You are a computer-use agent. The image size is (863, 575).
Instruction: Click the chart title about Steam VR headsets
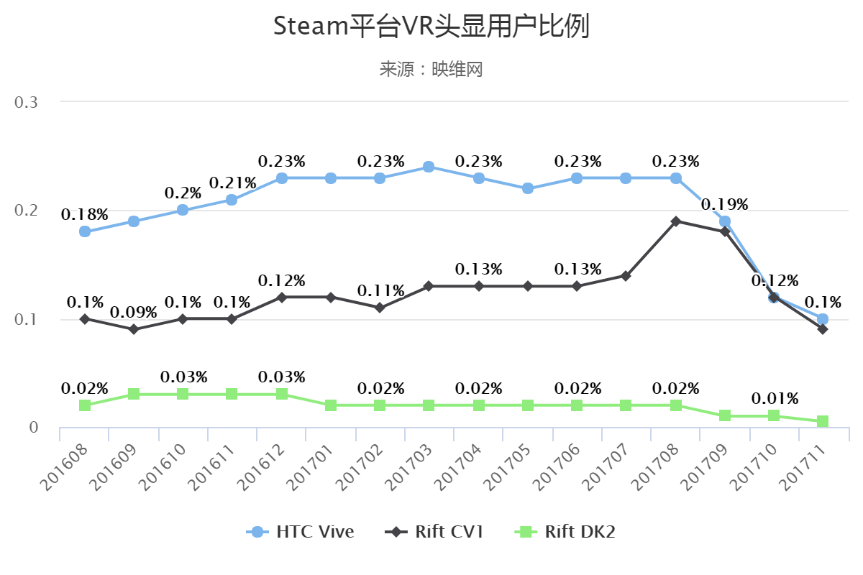(431, 27)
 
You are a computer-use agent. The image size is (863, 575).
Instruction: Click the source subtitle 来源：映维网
(431, 69)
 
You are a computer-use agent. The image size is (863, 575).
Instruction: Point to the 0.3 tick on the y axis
(27, 102)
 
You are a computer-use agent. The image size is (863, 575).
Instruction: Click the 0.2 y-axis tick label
(27, 211)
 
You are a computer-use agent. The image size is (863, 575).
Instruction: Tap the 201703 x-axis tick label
(406, 467)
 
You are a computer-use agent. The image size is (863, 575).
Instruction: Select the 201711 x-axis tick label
(800, 467)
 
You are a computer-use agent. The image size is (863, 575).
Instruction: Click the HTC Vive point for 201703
(429, 167)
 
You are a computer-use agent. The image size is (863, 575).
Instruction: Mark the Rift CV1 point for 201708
(676, 221)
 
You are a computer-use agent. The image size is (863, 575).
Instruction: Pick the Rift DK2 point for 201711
(823, 421)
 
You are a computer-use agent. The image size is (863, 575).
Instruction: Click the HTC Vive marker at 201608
(85, 231)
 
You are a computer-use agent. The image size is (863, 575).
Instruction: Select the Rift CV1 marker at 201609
(134, 329)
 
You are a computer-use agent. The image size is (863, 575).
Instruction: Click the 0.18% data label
(85, 214)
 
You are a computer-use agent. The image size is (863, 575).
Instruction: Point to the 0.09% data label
(134, 313)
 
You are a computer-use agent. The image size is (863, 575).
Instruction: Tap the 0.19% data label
(725, 204)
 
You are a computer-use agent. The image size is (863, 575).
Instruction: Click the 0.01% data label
(775, 399)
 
